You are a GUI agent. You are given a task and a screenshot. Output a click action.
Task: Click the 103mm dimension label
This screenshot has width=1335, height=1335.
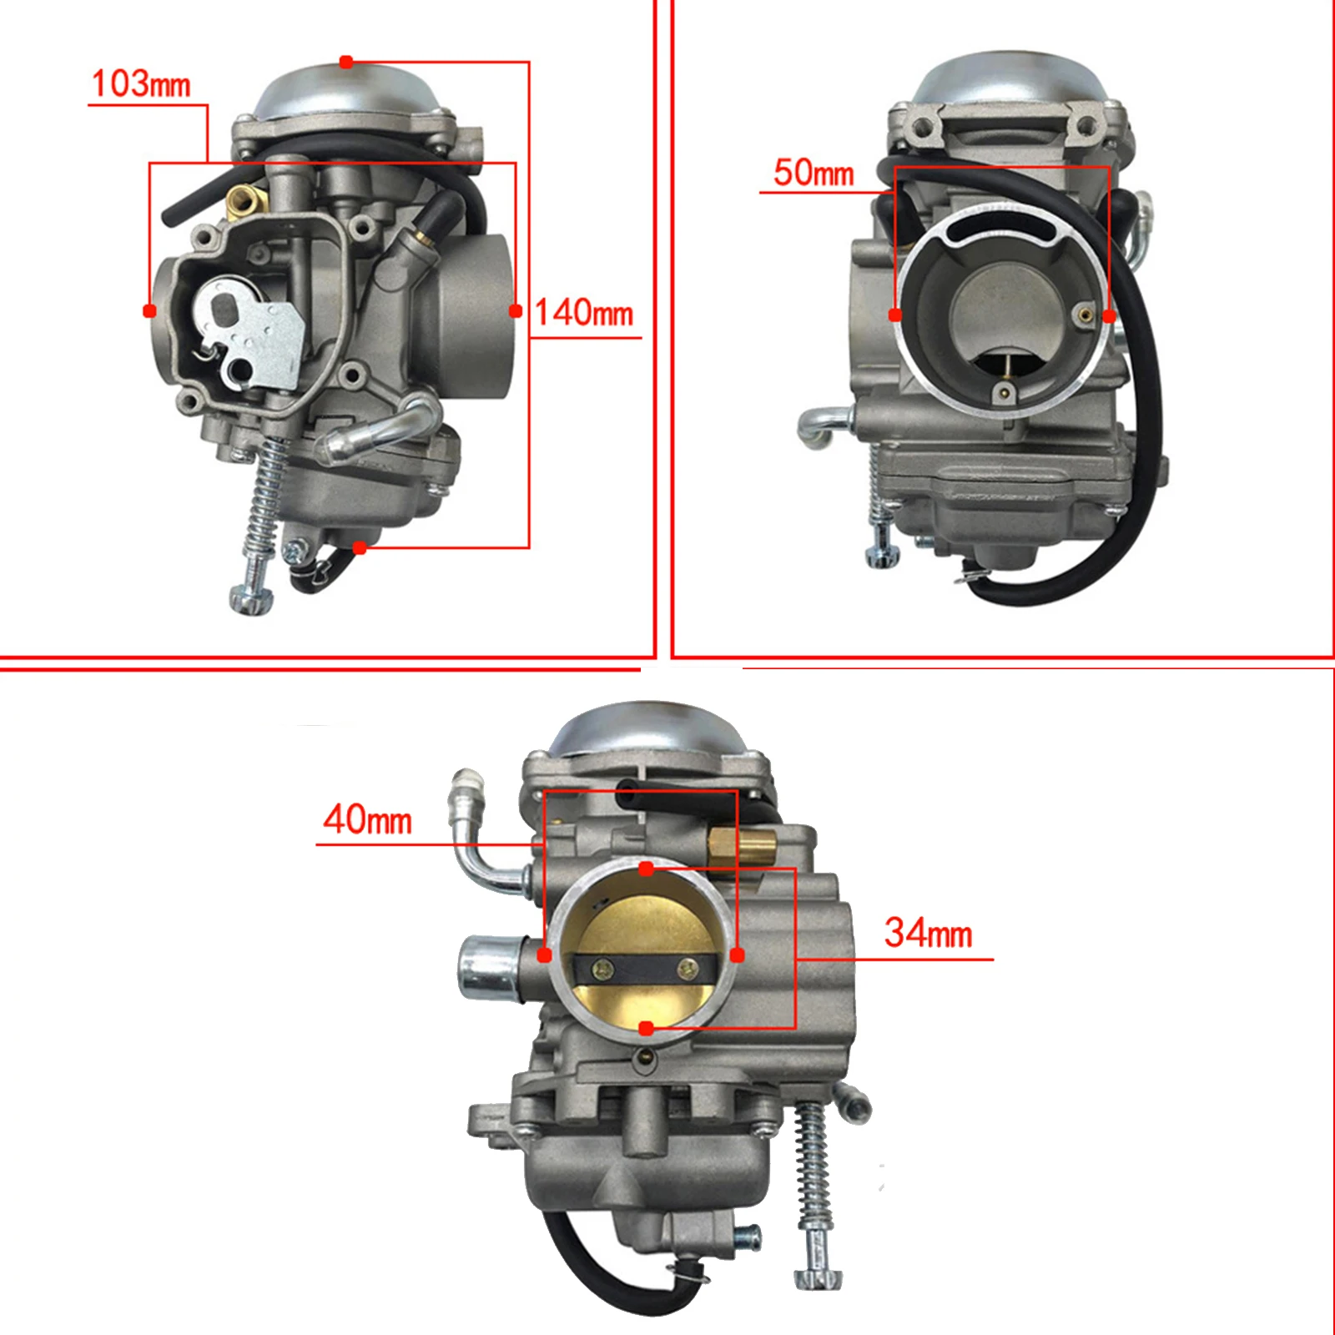click(140, 84)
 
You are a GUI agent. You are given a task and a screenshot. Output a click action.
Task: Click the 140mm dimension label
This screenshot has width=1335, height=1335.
click(583, 313)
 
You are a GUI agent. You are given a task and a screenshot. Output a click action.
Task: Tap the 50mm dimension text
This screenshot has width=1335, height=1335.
click(814, 173)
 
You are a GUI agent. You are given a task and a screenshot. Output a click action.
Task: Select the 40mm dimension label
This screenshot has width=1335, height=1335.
click(367, 819)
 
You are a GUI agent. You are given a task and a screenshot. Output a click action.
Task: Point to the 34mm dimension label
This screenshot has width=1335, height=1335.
click(928, 933)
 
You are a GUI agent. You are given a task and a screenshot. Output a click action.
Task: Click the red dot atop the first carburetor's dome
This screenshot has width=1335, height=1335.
click(346, 62)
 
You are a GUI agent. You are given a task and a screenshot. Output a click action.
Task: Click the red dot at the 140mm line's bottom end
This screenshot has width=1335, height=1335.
click(360, 547)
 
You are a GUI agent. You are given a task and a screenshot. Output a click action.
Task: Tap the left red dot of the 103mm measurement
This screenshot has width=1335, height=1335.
click(150, 310)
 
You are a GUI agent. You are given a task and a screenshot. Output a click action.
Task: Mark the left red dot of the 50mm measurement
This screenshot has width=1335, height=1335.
click(895, 315)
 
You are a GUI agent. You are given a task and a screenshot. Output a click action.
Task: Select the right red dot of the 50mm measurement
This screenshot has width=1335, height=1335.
click(1109, 315)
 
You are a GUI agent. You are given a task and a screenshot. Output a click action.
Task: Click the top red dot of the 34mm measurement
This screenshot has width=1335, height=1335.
click(646, 869)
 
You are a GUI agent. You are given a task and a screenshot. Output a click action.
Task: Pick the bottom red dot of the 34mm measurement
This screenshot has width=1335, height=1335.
click(646, 1029)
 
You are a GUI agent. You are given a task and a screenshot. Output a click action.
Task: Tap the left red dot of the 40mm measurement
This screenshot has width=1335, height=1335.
click(545, 955)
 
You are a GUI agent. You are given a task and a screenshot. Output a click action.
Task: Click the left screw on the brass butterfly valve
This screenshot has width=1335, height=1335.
click(601, 968)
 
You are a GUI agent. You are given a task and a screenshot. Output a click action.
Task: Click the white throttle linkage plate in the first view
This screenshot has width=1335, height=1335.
click(250, 334)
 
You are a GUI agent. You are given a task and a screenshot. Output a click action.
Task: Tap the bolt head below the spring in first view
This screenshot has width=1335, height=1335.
click(251, 599)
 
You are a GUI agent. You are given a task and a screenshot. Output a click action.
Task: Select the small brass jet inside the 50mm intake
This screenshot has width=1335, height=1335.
click(1084, 315)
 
